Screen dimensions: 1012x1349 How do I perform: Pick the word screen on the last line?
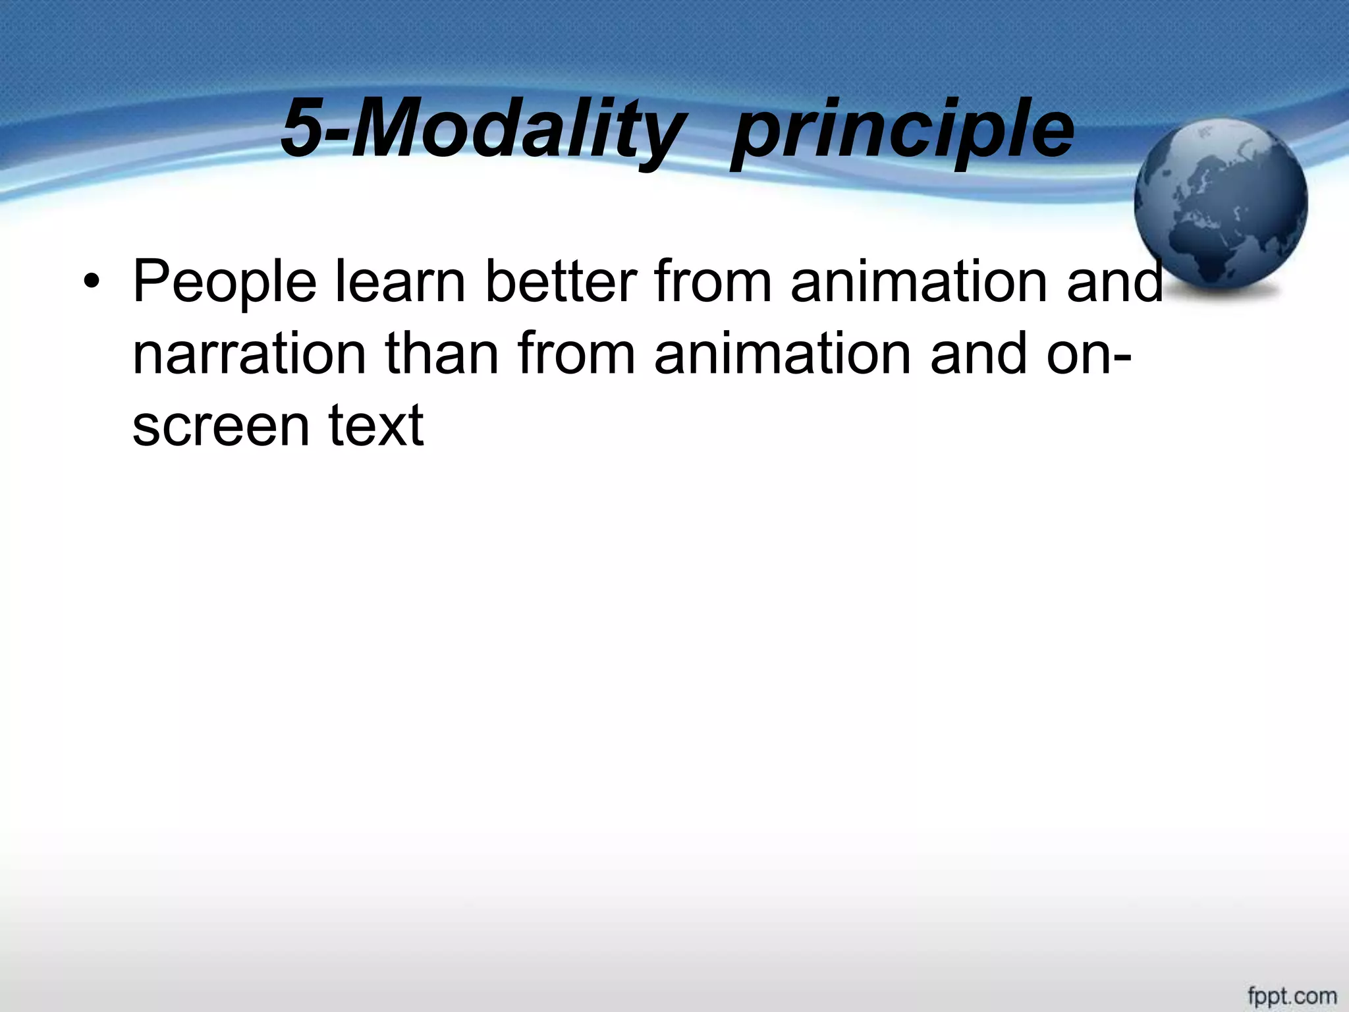(221, 426)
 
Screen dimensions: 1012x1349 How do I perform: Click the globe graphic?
(1220, 204)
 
